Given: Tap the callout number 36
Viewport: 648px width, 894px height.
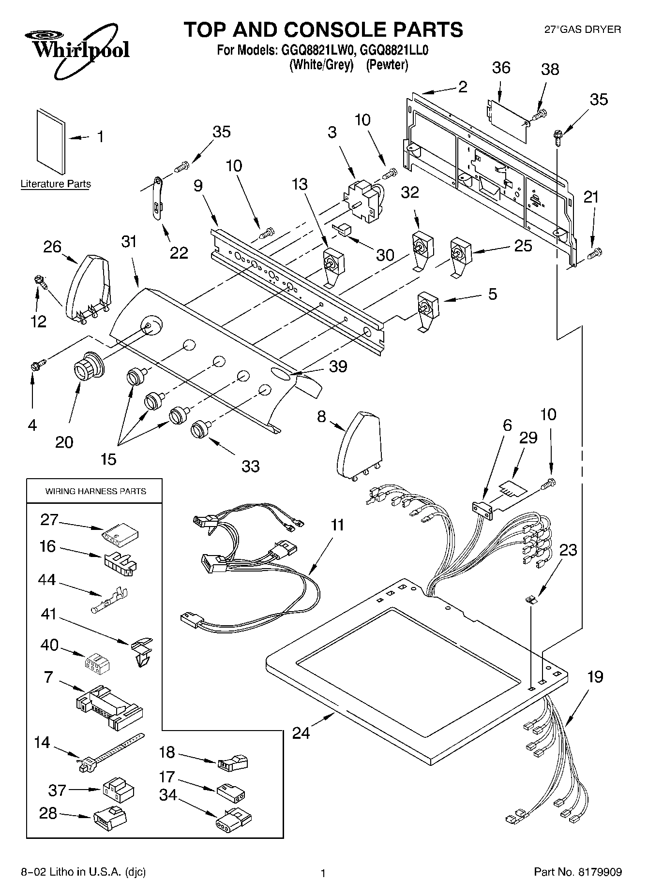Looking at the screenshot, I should point(501,68).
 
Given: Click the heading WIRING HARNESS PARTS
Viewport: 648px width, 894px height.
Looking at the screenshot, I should point(95,491).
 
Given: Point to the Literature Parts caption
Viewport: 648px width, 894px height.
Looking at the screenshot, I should point(56,184).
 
